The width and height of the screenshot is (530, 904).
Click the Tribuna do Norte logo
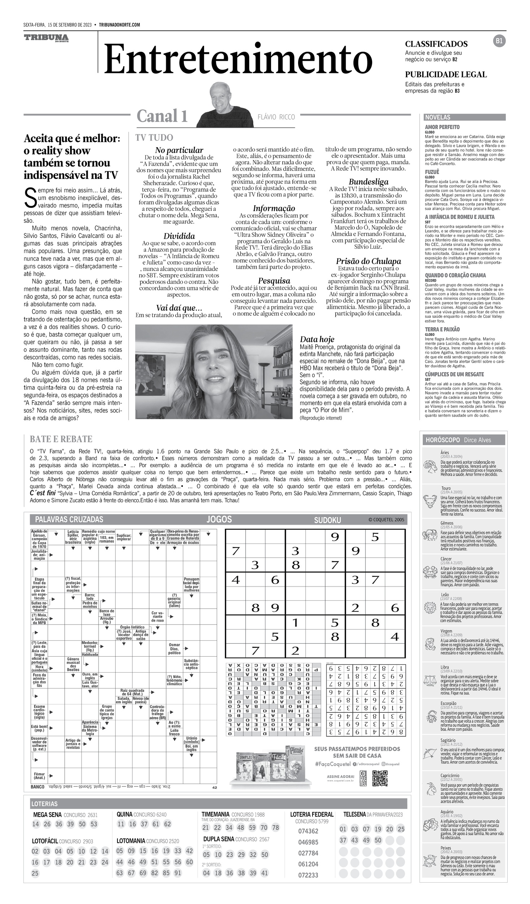(x=46, y=38)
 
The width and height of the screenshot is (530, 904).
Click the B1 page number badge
(x=499, y=41)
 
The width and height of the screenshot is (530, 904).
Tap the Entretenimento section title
(x=238, y=59)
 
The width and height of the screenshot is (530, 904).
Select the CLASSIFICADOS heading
(x=436, y=44)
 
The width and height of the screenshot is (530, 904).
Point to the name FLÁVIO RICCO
(x=276, y=117)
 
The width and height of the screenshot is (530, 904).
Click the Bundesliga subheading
(x=368, y=182)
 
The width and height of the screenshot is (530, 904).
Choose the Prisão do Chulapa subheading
(x=368, y=261)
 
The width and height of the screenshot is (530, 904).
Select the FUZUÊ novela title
(x=432, y=172)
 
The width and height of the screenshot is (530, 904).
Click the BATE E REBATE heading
(x=61, y=439)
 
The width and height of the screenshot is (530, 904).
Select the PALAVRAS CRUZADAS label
(x=69, y=520)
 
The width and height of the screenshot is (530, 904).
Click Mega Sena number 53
(x=94, y=824)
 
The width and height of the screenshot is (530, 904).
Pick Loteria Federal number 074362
(x=308, y=831)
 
